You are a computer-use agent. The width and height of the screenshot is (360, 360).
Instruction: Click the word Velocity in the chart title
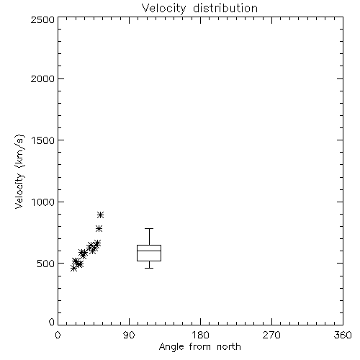point(164,9)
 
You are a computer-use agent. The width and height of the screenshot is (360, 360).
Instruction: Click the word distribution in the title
point(225,8)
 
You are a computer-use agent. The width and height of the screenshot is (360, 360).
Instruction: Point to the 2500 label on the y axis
point(42,20)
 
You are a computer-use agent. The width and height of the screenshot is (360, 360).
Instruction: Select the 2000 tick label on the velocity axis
point(42,78)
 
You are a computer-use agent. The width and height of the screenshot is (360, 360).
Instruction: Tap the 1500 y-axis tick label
point(43,140)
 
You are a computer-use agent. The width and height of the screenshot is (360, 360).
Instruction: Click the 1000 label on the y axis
point(43,202)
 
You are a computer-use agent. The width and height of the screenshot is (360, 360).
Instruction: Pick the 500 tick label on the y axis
point(46,264)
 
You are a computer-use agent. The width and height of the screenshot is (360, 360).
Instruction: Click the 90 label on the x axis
point(129,335)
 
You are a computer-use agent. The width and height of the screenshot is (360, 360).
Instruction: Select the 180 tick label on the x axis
point(200,335)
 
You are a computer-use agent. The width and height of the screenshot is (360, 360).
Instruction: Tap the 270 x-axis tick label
point(271,335)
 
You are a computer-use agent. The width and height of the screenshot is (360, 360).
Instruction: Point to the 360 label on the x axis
point(343,335)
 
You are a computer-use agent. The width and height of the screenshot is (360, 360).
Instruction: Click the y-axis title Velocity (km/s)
point(19,171)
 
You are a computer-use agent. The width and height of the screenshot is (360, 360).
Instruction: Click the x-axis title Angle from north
point(200,347)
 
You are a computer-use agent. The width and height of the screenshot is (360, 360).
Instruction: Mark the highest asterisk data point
point(101,215)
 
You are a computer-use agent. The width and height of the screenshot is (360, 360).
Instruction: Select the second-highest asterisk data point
point(99,228)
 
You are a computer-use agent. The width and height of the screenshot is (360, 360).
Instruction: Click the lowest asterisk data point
point(74,269)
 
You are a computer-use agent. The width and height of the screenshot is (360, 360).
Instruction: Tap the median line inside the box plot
point(149,251)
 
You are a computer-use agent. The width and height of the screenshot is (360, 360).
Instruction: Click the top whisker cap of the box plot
point(149,228)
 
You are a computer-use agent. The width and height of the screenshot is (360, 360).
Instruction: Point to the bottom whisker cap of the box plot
point(149,268)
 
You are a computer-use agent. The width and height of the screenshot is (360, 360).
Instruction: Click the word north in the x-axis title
point(229,346)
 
